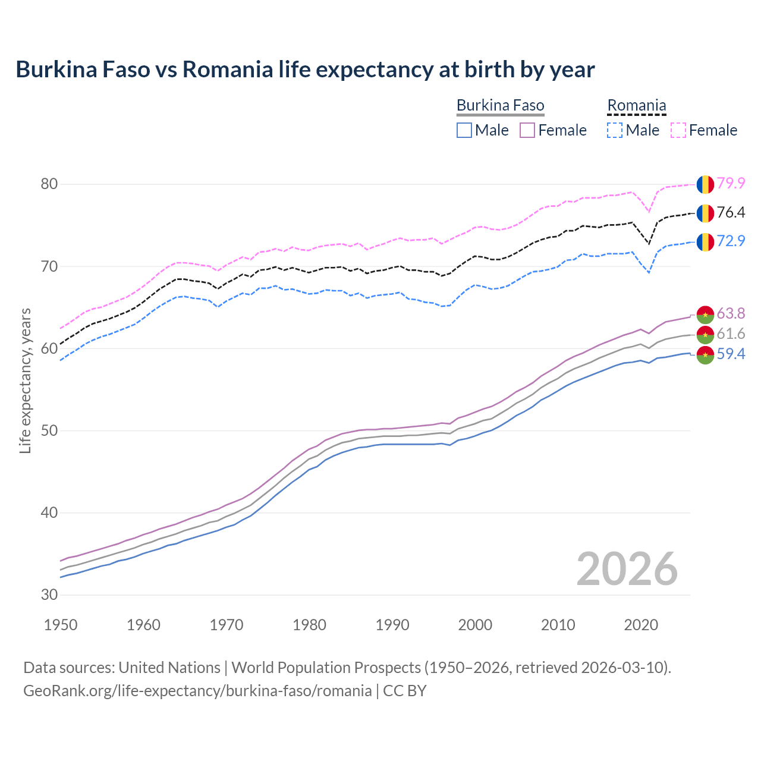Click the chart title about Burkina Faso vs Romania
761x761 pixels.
(305, 70)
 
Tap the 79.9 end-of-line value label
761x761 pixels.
(731, 183)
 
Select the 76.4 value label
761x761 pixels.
(731, 212)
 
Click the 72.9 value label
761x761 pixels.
(731, 241)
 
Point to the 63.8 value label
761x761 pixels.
(731, 313)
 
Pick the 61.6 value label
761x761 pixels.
(731, 334)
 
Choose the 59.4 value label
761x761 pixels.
(731, 354)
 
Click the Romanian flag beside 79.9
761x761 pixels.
(705, 184)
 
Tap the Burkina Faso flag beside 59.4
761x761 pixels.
(705, 355)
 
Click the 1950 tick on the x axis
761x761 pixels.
(61, 625)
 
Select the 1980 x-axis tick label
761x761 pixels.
(309, 625)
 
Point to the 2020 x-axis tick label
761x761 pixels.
(641, 625)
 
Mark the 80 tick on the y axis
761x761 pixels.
(49, 184)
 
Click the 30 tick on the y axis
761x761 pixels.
(49, 595)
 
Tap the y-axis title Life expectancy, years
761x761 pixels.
(25, 380)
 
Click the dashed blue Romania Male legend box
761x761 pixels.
(615, 130)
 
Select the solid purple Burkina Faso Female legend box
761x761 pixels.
(527, 130)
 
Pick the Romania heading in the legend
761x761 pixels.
(636, 106)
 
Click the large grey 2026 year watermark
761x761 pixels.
(627, 569)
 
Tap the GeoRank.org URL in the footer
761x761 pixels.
(197, 691)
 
